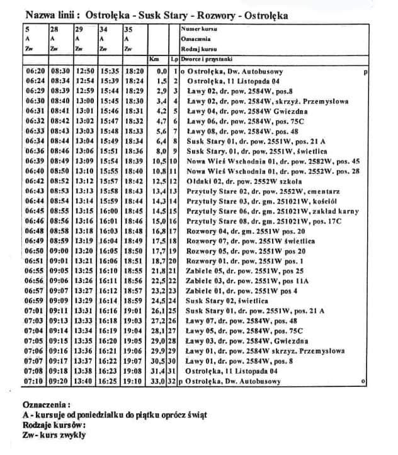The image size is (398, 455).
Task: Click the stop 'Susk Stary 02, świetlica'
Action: click(240, 301)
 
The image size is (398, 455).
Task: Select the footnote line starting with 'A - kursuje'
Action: click(114, 414)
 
